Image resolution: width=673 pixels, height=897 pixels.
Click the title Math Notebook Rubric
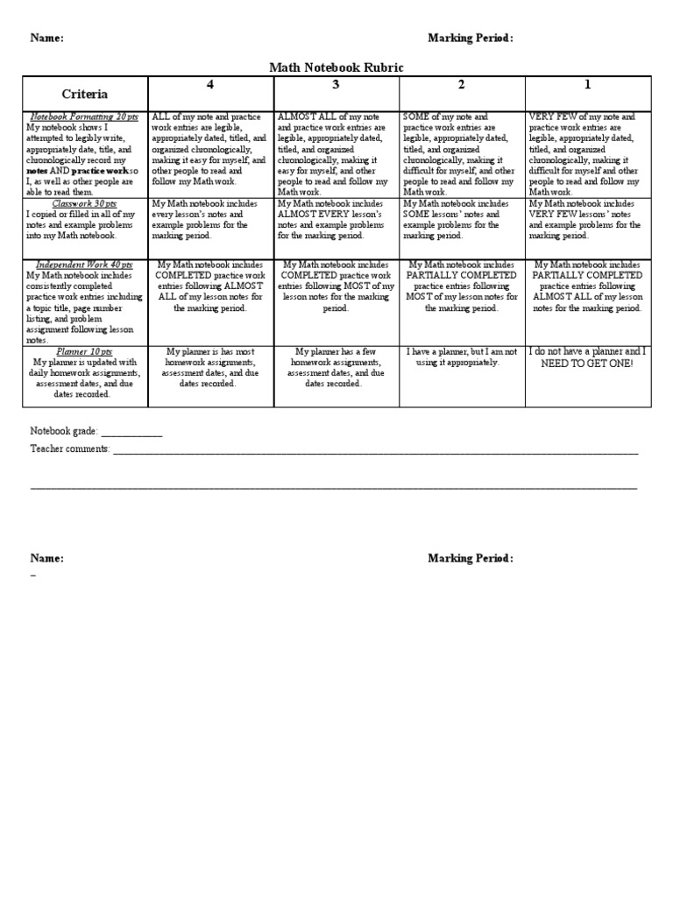(x=336, y=67)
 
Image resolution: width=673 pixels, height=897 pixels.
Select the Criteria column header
(x=85, y=94)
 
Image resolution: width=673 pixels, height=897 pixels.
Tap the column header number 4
(x=210, y=85)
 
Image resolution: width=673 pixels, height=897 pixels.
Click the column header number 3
(x=336, y=85)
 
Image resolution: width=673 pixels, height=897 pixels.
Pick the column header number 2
(x=461, y=85)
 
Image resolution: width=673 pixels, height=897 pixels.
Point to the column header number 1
(x=587, y=85)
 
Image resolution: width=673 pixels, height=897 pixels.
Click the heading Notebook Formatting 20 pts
(x=84, y=117)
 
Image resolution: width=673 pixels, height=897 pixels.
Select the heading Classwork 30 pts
(x=84, y=203)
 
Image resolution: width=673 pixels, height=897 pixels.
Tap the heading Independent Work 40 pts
(x=84, y=265)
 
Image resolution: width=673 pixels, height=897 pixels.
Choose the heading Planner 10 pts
(x=84, y=351)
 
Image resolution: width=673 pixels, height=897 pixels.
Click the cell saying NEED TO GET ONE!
(x=587, y=362)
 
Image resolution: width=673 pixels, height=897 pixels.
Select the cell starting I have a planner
(x=462, y=357)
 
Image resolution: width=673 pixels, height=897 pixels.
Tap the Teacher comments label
(x=70, y=448)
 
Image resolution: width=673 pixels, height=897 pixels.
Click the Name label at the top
(x=47, y=38)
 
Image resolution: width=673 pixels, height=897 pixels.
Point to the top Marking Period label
(x=471, y=38)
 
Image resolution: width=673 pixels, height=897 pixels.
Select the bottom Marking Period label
(x=471, y=559)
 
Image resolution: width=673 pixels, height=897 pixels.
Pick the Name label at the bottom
(x=47, y=559)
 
